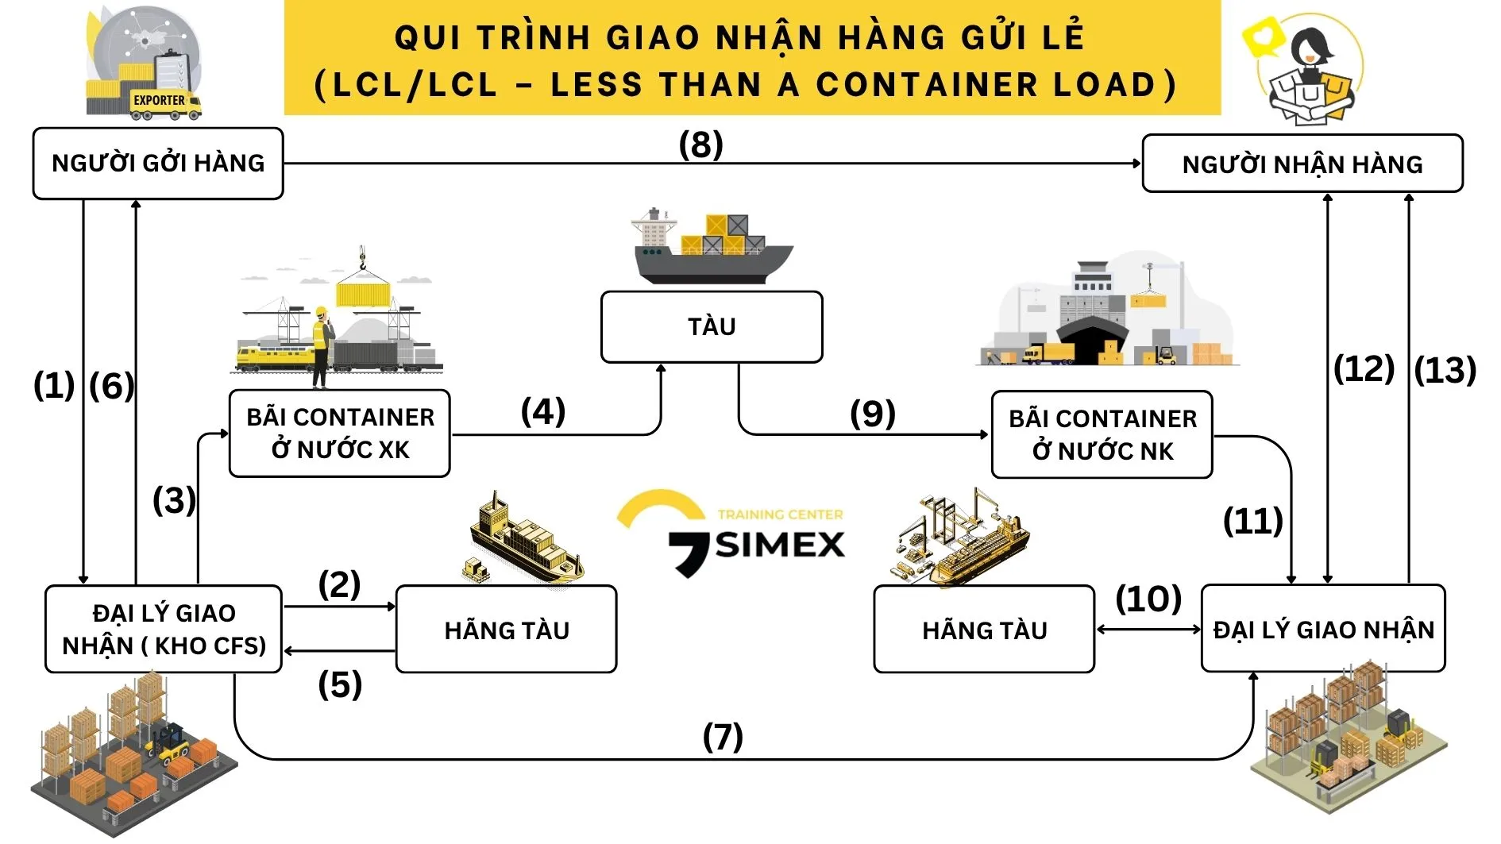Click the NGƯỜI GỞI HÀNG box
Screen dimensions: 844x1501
[x=158, y=164]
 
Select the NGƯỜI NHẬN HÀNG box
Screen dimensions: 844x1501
[x=1302, y=164]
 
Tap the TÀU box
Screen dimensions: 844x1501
[x=712, y=327]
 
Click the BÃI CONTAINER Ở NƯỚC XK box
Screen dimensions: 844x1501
[x=340, y=434]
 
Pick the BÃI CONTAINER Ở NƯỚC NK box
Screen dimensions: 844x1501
[x=1102, y=435]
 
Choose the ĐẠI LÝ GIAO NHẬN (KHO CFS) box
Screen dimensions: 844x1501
[x=164, y=630]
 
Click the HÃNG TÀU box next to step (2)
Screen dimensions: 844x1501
[x=506, y=630]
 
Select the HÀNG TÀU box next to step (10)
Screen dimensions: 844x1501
[x=984, y=630]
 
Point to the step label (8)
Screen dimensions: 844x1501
[x=700, y=145]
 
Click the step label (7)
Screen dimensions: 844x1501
[x=723, y=737]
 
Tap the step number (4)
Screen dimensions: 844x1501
[x=543, y=412]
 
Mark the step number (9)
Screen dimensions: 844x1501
[x=873, y=414]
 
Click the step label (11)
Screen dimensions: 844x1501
[x=1252, y=522]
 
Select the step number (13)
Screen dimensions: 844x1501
[x=1445, y=371]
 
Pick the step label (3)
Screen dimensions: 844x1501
[x=174, y=501]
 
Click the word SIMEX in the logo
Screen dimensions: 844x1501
[x=780, y=545]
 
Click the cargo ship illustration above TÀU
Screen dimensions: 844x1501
[x=711, y=248]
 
